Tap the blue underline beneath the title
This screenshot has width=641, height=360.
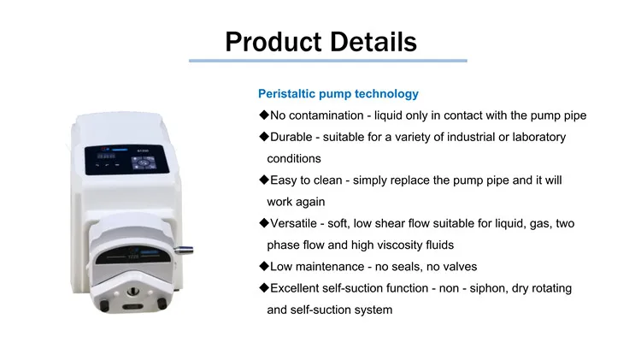328,61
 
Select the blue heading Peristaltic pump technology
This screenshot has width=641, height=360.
338,93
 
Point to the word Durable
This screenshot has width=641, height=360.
291,137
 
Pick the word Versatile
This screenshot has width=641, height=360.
295,223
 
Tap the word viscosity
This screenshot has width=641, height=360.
385,245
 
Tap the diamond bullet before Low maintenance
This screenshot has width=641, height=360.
264,267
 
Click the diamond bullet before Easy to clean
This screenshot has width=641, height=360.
264,180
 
